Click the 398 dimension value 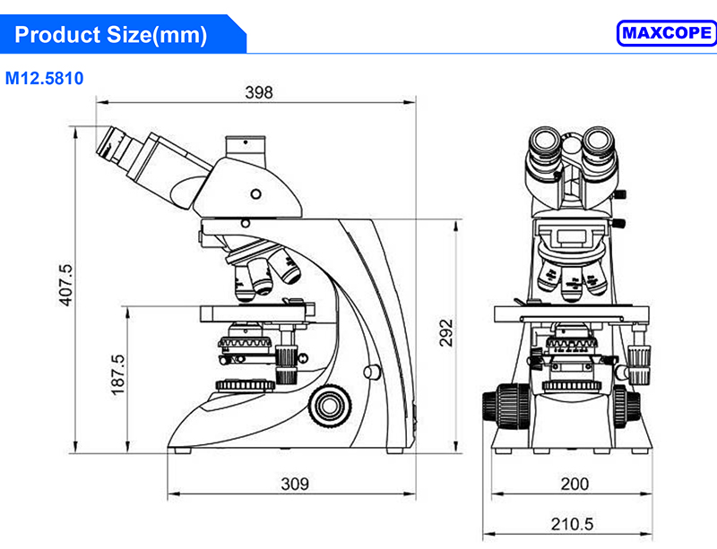click(x=259, y=92)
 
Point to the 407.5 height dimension click(x=65, y=285)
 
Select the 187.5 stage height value click(x=118, y=375)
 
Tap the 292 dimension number click(x=445, y=333)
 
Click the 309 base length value click(x=295, y=484)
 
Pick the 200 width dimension click(x=574, y=484)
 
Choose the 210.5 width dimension click(x=572, y=524)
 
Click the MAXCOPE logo click(x=667, y=33)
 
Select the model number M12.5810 click(x=44, y=78)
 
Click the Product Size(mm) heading click(x=110, y=35)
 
